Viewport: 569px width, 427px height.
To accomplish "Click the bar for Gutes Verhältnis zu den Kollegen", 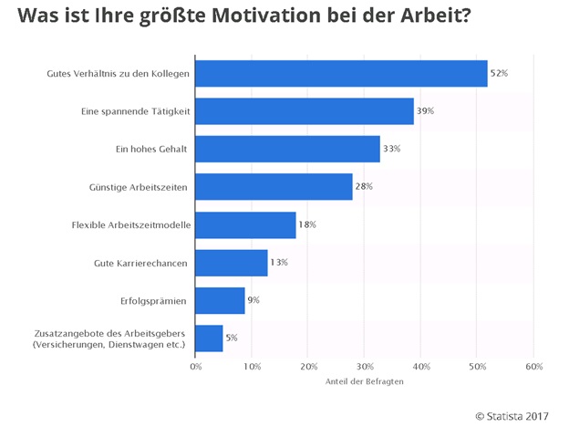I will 342,73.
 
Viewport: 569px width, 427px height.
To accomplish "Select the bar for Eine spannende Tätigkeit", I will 305,111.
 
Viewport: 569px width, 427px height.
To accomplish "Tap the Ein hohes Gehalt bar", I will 288,149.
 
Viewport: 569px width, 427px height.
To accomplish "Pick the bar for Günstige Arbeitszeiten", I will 274,187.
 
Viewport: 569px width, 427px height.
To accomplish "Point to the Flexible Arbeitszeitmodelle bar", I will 246,224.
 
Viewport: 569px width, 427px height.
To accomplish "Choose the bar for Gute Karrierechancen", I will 232,263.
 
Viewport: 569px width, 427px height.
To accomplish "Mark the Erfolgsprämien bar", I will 221,300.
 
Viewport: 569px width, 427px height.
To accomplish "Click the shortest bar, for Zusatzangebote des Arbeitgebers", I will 210,338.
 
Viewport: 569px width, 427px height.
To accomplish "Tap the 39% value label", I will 426,111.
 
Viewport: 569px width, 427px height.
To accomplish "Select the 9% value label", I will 254,300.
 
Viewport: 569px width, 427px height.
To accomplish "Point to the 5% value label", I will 232,338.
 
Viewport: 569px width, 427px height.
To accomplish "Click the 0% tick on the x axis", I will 196,367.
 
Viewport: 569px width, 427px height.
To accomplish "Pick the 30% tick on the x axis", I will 365,367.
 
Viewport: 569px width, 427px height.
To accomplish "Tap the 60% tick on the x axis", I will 533,367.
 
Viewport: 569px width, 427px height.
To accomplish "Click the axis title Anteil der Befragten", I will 365,381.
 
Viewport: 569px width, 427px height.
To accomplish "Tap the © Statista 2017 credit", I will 516,415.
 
